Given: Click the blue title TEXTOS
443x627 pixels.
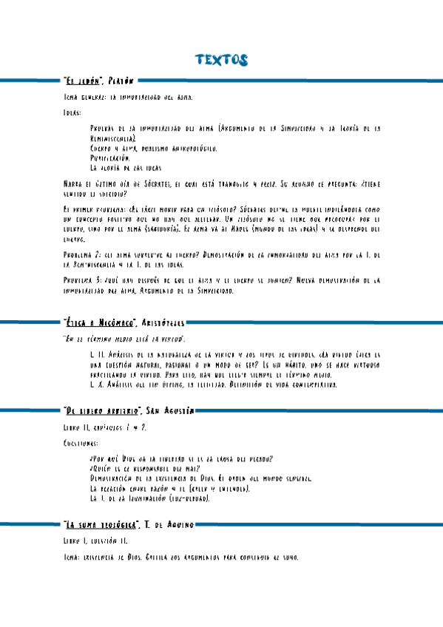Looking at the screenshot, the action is pyautogui.click(x=220, y=60).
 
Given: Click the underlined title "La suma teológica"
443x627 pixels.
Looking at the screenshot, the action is pyautogui.click(x=101, y=524).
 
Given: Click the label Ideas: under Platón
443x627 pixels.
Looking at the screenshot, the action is pyautogui.click(x=73, y=113).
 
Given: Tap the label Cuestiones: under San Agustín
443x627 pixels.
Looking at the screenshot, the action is pyautogui.click(x=81, y=444).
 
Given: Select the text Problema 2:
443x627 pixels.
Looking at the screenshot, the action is pyautogui.click(x=83, y=254).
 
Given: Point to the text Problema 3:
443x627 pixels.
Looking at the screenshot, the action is pyautogui.click(x=83, y=281).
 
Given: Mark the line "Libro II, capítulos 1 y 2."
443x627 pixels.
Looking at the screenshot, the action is pyautogui.click(x=105, y=427).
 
